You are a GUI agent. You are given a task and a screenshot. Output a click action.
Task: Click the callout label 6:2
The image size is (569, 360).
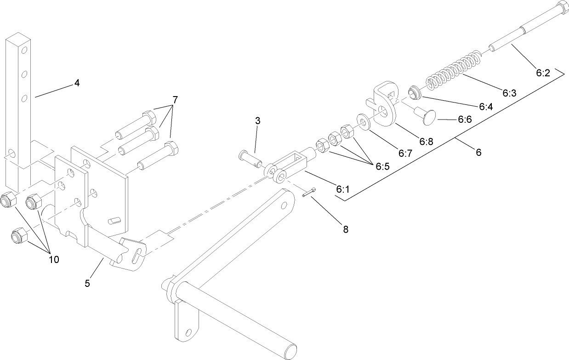(542, 72)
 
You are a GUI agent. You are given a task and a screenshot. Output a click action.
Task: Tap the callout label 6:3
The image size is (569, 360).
(509, 93)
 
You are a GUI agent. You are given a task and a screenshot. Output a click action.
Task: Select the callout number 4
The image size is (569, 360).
(77, 84)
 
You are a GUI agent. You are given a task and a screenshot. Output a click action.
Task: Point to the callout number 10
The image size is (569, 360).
(54, 259)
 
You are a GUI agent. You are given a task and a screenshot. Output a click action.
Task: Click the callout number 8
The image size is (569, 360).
(345, 229)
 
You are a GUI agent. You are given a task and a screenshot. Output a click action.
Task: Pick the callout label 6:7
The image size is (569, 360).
(405, 154)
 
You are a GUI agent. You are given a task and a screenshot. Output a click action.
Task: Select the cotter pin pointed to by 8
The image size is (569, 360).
(308, 193)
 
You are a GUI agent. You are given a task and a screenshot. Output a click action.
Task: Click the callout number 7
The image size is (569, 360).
(175, 100)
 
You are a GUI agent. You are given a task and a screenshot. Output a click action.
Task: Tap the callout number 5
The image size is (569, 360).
(87, 283)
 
